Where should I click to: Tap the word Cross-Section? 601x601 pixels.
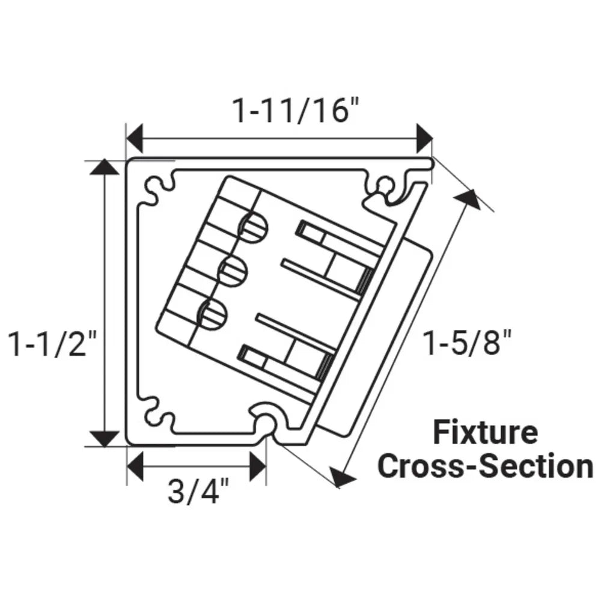pyautogui.click(x=486, y=466)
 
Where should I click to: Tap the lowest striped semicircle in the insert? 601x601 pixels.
pyautogui.click(x=211, y=315)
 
